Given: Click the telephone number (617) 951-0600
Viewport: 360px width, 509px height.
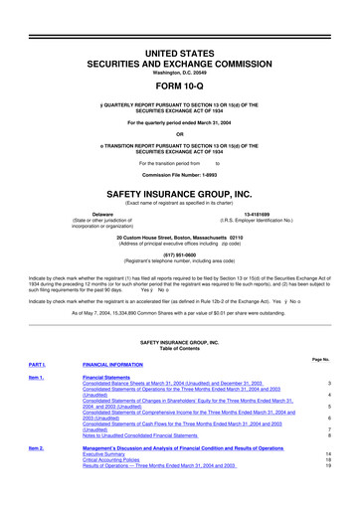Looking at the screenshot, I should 179,253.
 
